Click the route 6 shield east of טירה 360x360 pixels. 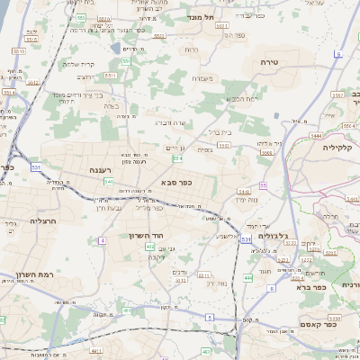[x=338, y=54]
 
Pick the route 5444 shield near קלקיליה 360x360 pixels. [x=315, y=134]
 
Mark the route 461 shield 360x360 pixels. [x=127, y=311]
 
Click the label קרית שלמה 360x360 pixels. [x=76, y=64]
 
